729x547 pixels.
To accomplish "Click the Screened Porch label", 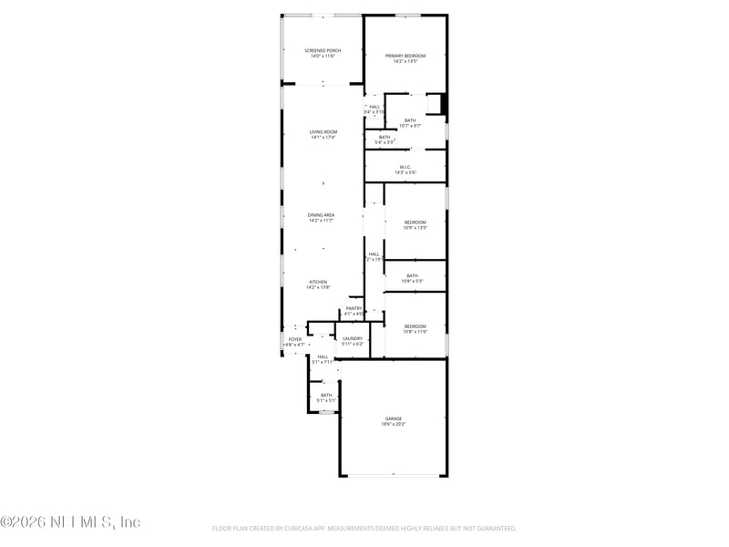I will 323,50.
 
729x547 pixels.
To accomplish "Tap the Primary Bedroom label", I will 406,56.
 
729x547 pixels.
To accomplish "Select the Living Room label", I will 323,132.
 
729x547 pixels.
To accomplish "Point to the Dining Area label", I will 322,215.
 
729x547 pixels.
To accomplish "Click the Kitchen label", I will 318,282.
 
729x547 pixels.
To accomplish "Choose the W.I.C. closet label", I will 406,167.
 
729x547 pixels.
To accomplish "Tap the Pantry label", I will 354,308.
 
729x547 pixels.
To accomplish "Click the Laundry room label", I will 353,338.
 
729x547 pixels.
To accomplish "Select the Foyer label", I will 294,339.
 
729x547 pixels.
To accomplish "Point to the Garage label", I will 393,418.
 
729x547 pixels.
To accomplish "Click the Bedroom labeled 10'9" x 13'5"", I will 415,222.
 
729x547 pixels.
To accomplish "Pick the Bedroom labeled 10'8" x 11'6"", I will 415,326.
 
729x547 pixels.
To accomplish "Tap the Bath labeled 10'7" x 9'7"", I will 410,120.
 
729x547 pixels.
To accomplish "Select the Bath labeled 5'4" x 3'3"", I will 385,138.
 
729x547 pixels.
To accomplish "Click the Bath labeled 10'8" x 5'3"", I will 412,276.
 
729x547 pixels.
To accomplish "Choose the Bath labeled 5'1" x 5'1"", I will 326,395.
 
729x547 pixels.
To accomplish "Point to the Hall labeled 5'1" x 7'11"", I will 323,356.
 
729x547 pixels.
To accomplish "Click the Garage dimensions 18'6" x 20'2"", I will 393,424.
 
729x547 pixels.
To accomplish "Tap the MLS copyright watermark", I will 70,522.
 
